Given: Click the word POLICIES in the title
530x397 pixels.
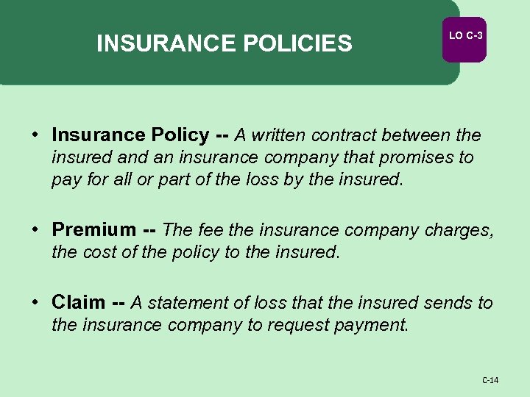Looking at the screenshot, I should tap(296, 44).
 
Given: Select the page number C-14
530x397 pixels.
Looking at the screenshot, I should tap(490, 380).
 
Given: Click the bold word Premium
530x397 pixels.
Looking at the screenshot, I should tap(93, 230).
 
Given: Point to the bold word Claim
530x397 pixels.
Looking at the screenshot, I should tap(78, 302).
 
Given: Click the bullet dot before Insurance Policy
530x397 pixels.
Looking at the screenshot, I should tap(36, 135).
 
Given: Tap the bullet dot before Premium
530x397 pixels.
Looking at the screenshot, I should tap(36, 230).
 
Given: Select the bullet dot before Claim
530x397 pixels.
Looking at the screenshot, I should tap(36, 302).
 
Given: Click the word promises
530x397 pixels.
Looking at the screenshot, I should tap(416, 157).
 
